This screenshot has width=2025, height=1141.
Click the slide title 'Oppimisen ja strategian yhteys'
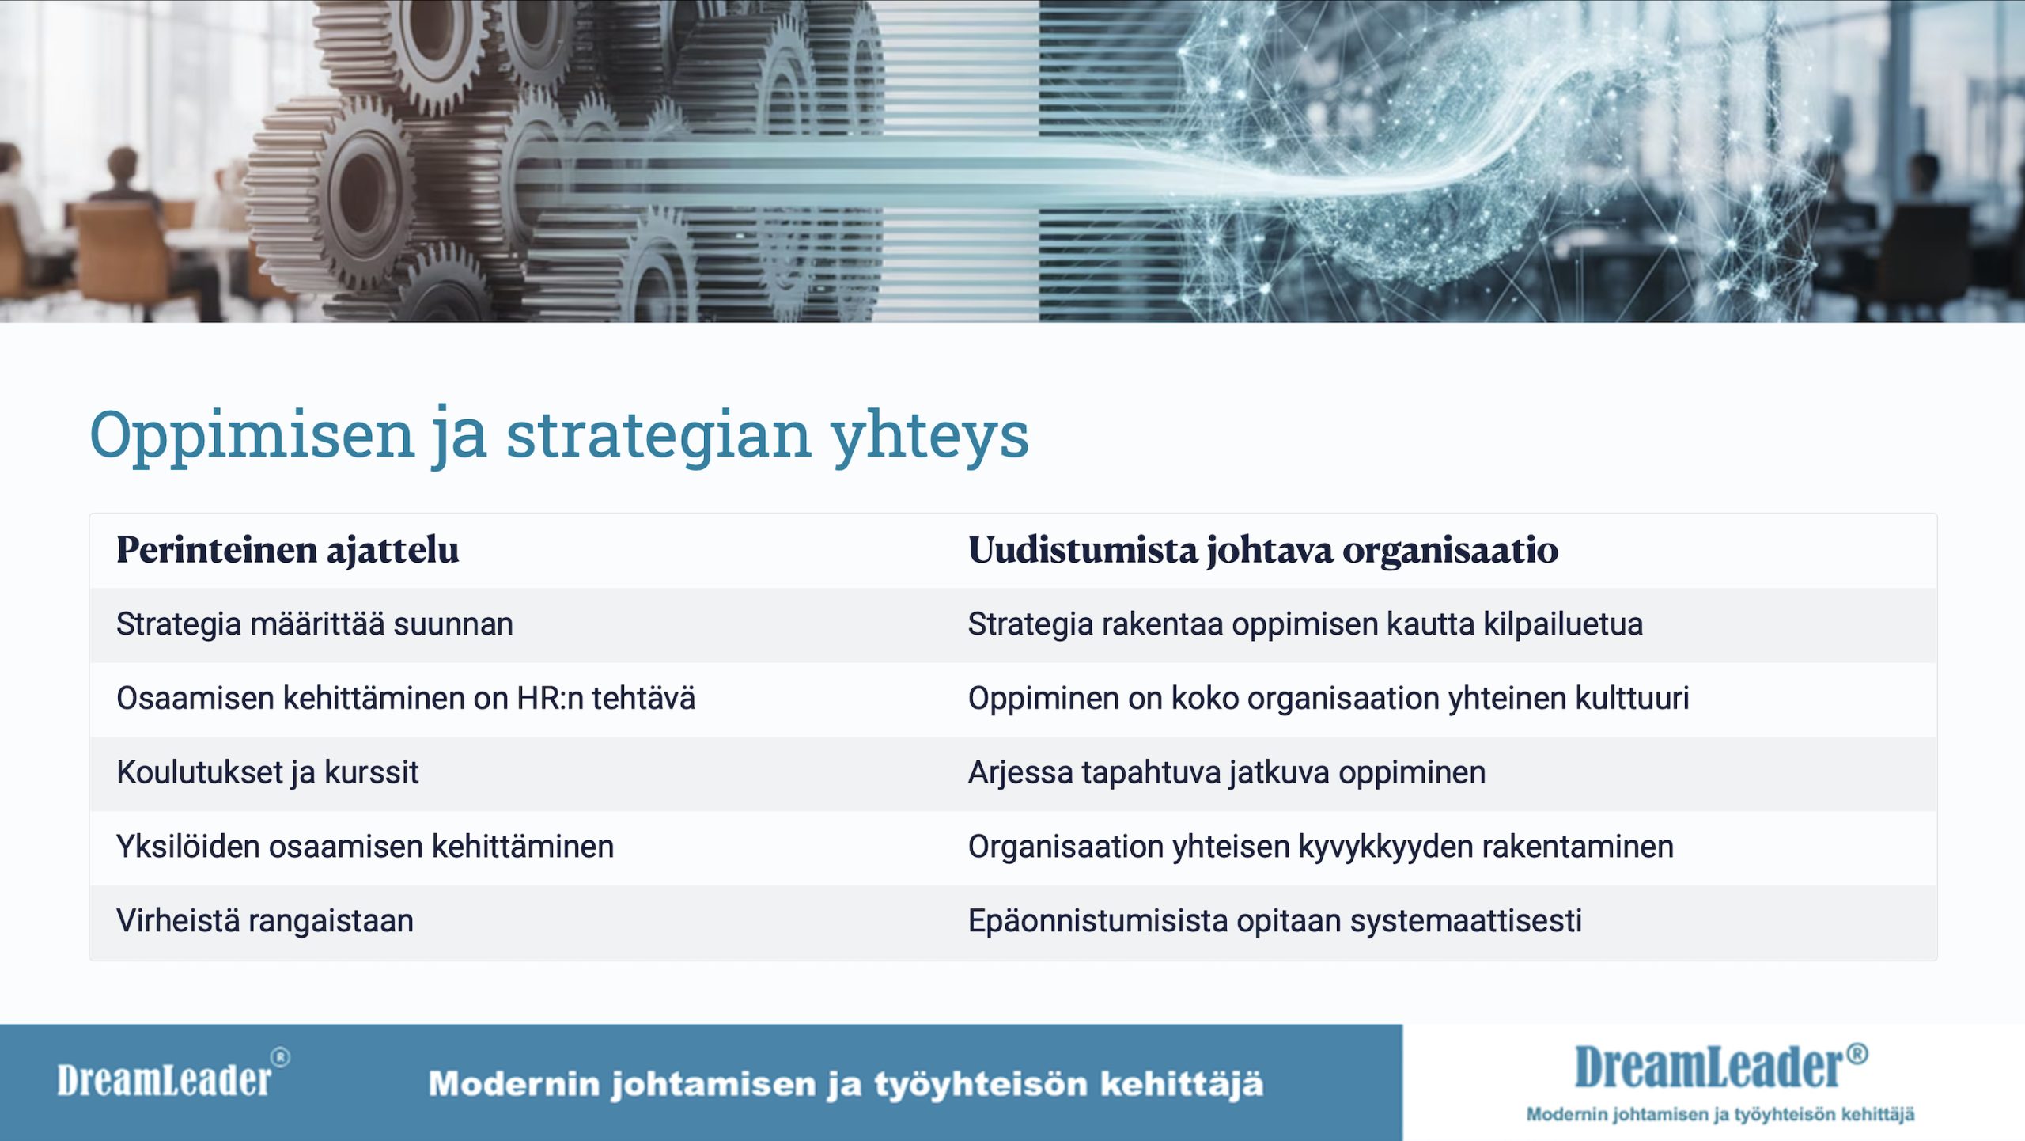click(x=559, y=435)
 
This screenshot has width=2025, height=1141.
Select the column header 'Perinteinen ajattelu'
click(x=287, y=550)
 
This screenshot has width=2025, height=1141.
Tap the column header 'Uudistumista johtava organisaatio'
click(x=1263, y=550)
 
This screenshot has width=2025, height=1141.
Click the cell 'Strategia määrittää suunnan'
click(x=315, y=624)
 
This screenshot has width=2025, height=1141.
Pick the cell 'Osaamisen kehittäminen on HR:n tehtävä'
click(x=406, y=699)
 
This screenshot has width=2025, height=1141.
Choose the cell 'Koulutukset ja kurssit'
click(x=267, y=773)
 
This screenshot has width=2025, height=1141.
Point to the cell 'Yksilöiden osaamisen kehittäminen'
click(x=365, y=847)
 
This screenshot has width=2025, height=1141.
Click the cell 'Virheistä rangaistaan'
click(x=265, y=921)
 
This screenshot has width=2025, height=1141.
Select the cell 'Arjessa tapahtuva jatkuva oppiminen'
click(x=1227, y=773)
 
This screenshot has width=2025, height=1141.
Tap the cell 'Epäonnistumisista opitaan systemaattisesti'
click(x=1275, y=921)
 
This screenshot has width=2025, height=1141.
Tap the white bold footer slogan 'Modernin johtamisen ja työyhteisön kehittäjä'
click(x=846, y=1084)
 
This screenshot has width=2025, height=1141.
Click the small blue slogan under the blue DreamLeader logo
click(x=1720, y=1115)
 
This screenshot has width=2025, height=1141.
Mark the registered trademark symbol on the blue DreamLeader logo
click(x=1857, y=1053)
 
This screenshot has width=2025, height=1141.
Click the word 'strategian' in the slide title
click(x=658, y=436)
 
